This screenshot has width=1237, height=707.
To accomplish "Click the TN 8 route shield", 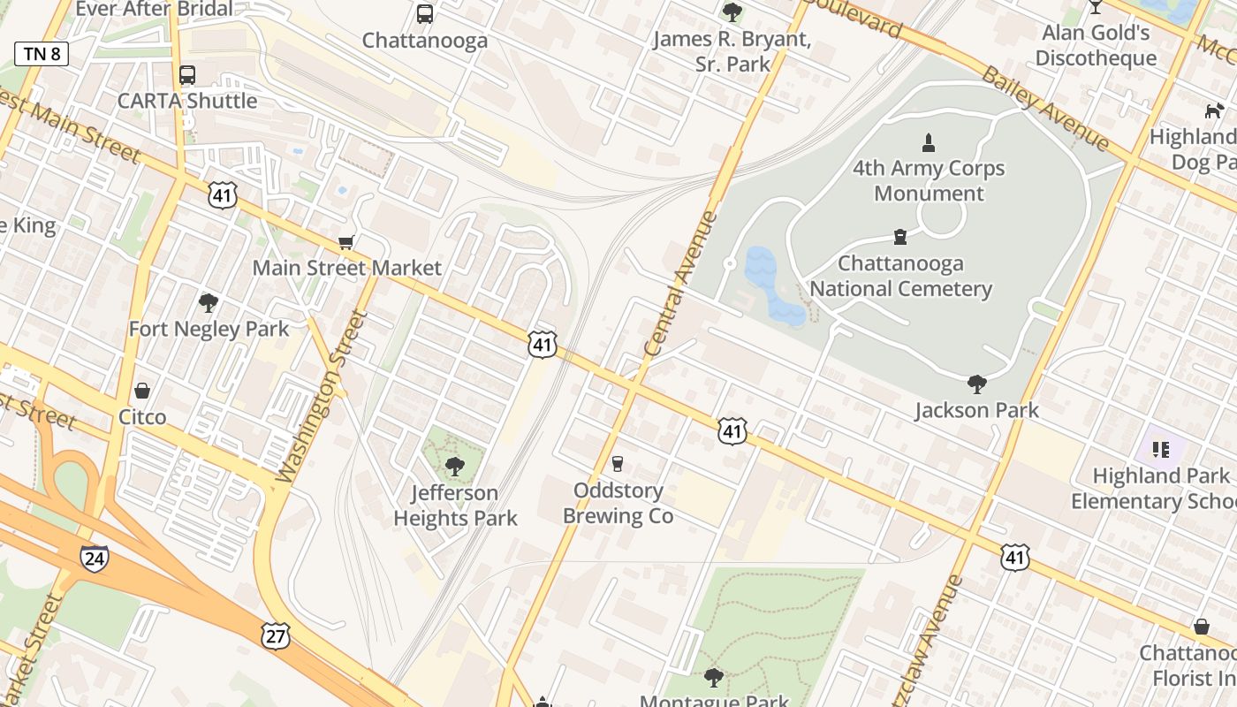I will tap(42, 54).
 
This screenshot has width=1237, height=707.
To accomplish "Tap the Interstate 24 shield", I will tap(94, 558).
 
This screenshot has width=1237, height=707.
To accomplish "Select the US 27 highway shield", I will tap(276, 634).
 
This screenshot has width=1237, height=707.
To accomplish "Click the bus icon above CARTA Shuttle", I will tap(187, 75).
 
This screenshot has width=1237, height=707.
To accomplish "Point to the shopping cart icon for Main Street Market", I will tap(346, 242).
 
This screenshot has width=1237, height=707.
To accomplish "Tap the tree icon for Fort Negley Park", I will tap(209, 303).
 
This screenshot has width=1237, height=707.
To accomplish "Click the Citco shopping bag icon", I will tap(142, 391).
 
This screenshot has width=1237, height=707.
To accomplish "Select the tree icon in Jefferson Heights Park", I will tap(455, 466).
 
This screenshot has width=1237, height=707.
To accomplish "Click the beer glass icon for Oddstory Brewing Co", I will tap(618, 463).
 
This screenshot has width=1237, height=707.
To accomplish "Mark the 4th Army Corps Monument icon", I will tap(929, 142).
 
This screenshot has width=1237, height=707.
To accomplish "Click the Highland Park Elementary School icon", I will tap(1161, 450).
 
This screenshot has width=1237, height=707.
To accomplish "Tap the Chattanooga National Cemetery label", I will tap(900, 276).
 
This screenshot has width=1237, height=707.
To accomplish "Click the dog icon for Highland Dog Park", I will tap(1214, 110).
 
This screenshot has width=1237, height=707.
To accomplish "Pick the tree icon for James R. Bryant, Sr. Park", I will tap(732, 12).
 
